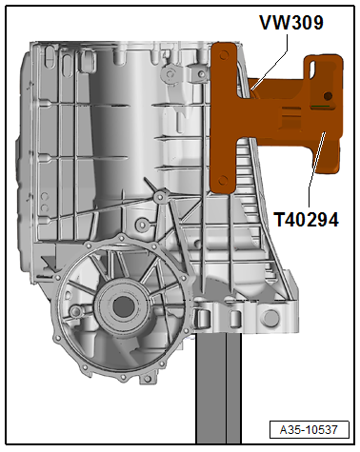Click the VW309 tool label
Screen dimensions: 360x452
point(291,22)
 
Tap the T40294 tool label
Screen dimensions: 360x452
point(307,220)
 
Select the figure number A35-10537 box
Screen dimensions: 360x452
point(309,430)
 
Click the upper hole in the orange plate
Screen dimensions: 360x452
point(224,55)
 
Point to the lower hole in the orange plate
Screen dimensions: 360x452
point(223,181)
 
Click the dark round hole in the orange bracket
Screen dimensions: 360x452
point(328,96)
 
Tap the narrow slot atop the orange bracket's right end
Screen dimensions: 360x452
point(312,69)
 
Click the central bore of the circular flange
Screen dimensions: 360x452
point(122,305)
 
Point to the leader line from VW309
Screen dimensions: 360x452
point(270,62)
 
